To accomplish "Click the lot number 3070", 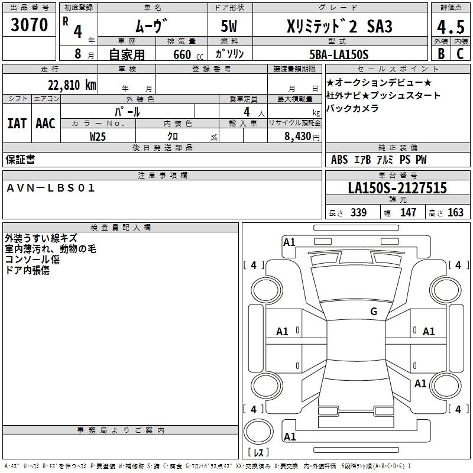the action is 30,25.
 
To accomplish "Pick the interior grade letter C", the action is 460,54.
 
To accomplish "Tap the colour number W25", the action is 98,136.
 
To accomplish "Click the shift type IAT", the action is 17,124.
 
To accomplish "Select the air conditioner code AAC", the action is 45,124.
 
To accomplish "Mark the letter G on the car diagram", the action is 374,312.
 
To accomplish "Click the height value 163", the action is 455,213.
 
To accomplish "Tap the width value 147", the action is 408,213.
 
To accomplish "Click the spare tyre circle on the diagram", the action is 258,432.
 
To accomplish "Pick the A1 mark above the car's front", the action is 289,242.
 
